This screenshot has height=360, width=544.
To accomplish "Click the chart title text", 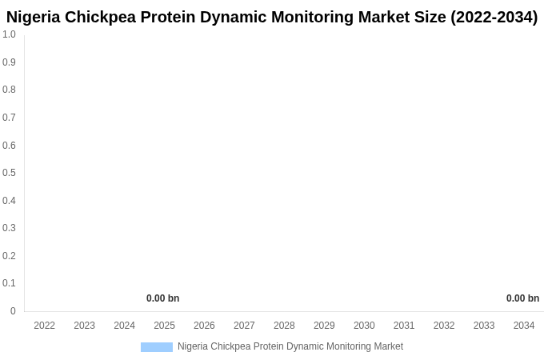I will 272,17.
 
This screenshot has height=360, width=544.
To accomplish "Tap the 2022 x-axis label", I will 45,326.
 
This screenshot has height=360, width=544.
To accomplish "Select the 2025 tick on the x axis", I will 164,326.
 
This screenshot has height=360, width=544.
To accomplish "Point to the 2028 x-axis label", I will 284,326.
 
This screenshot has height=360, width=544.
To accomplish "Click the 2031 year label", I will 404,326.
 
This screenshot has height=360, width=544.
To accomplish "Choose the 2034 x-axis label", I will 524,326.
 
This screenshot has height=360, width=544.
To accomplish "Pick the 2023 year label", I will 85,326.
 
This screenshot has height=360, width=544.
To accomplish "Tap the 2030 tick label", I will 364,326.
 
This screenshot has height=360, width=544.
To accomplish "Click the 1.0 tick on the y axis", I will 9,34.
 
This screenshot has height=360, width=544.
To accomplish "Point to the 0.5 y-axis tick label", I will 9,173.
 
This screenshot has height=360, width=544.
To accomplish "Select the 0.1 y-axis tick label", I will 9,283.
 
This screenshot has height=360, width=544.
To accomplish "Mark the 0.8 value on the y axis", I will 9,90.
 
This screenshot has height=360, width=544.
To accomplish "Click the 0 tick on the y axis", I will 13,311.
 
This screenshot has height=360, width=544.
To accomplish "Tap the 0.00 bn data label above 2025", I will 162,298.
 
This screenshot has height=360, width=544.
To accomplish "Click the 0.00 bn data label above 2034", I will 522,298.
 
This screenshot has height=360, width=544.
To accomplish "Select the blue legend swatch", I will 157,347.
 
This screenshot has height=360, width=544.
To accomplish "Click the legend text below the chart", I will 290,346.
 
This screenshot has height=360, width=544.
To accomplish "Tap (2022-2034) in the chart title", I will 494,17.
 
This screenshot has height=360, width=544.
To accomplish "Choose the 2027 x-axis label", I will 244,326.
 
